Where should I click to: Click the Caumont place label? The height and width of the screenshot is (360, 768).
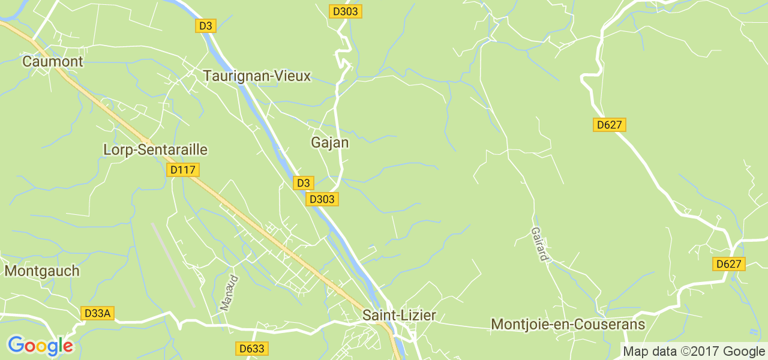coord(44,61)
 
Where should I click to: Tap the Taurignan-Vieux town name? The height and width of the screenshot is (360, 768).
coord(257,76)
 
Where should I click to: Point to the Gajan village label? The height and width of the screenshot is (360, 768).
coord(329,143)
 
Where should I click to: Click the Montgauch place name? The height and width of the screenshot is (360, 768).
coord(42,271)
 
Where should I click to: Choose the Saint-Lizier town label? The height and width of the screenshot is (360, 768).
coord(399,315)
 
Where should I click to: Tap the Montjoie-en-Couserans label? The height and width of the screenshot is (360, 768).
coord(568,325)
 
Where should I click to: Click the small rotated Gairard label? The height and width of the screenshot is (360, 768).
coord(539,244)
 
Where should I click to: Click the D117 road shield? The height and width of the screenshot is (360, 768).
coord(182,170)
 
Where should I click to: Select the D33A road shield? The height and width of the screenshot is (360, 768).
coord(97,313)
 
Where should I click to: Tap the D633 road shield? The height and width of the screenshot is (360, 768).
coord(251,348)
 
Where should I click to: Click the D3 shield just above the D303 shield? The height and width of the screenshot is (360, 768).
coord(304,183)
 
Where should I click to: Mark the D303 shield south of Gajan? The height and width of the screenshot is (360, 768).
coord(322,199)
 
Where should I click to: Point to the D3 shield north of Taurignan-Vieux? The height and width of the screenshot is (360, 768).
coord(206,26)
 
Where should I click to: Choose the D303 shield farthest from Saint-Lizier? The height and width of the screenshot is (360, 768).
coord(346,11)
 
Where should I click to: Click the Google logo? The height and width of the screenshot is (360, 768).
coord(40,346)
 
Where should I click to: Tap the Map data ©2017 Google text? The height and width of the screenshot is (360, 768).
coord(694,352)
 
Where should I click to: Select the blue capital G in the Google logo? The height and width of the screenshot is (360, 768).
coord(16,345)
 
